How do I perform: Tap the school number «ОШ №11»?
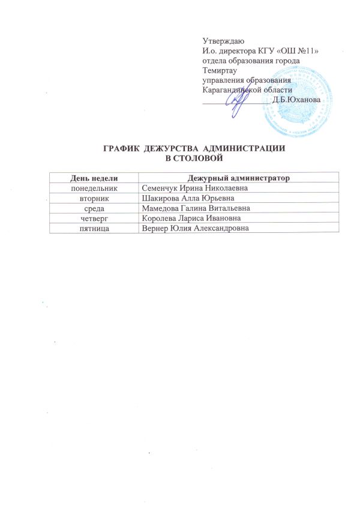click(x=301, y=49)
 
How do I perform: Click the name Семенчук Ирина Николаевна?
click(x=190, y=188)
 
